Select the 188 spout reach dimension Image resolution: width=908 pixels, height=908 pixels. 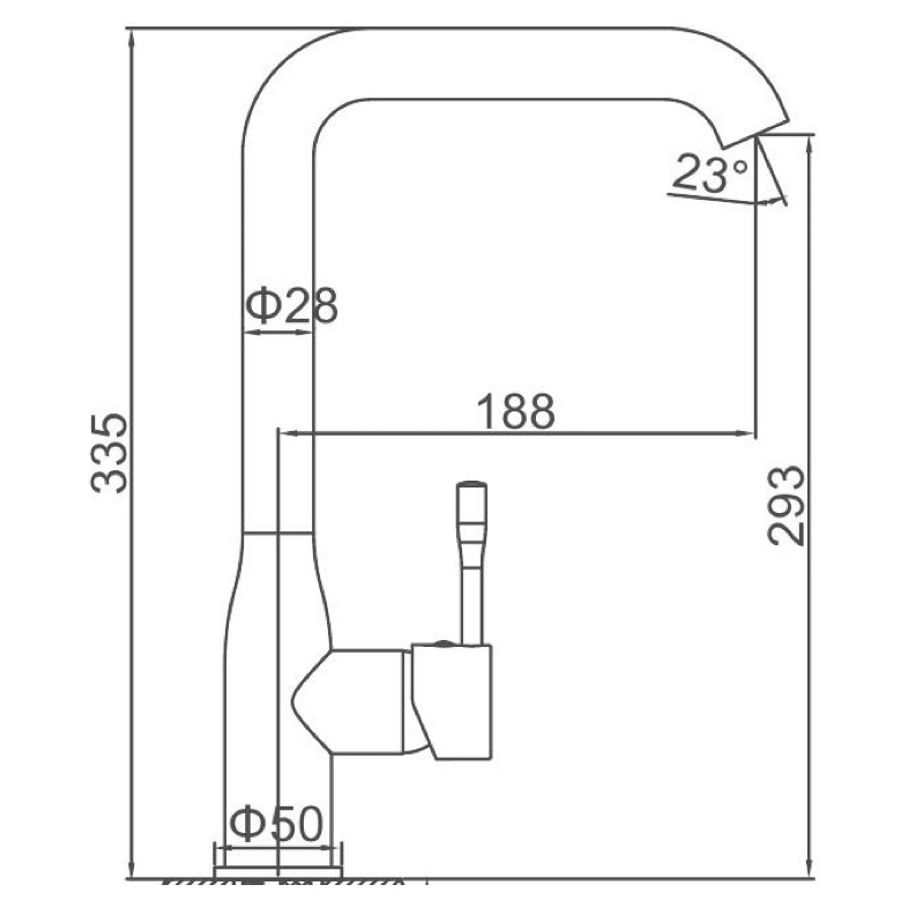pyautogui.click(x=516, y=412)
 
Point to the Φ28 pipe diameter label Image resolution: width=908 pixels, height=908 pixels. pyautogui.click(x=292, y=306)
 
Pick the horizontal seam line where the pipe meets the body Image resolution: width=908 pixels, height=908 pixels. pyautogui.click(x=277, y=533)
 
